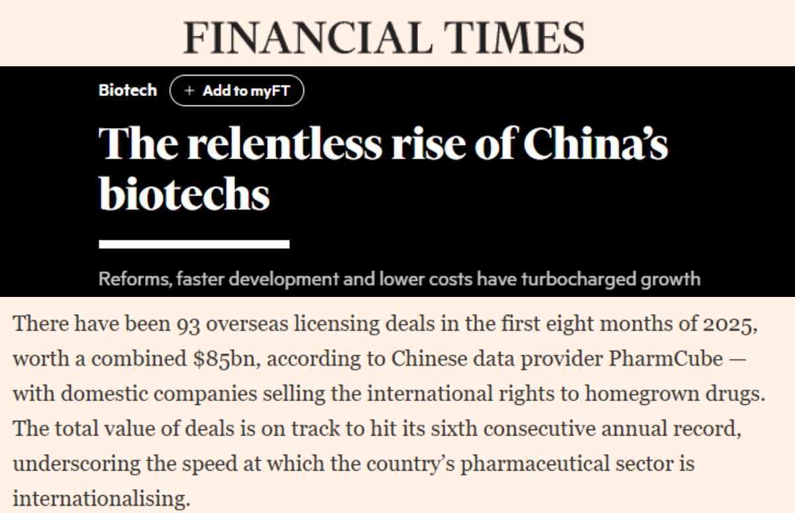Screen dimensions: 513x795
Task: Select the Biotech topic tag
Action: [128, 90]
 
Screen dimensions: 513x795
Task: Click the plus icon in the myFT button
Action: [189, 91]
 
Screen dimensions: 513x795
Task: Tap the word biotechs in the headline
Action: [184, 194]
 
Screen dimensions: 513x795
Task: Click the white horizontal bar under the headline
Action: [194, 244]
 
